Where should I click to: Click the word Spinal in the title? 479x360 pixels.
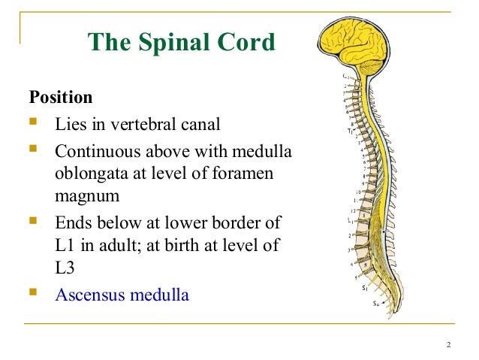[188, 44]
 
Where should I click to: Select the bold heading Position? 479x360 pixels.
[61, 98]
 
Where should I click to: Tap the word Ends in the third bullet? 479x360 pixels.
[72, 222]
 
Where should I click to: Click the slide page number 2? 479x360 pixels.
[447, 344]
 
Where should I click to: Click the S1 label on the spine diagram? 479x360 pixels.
[364, 288]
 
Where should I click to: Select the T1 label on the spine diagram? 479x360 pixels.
[349, 129]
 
